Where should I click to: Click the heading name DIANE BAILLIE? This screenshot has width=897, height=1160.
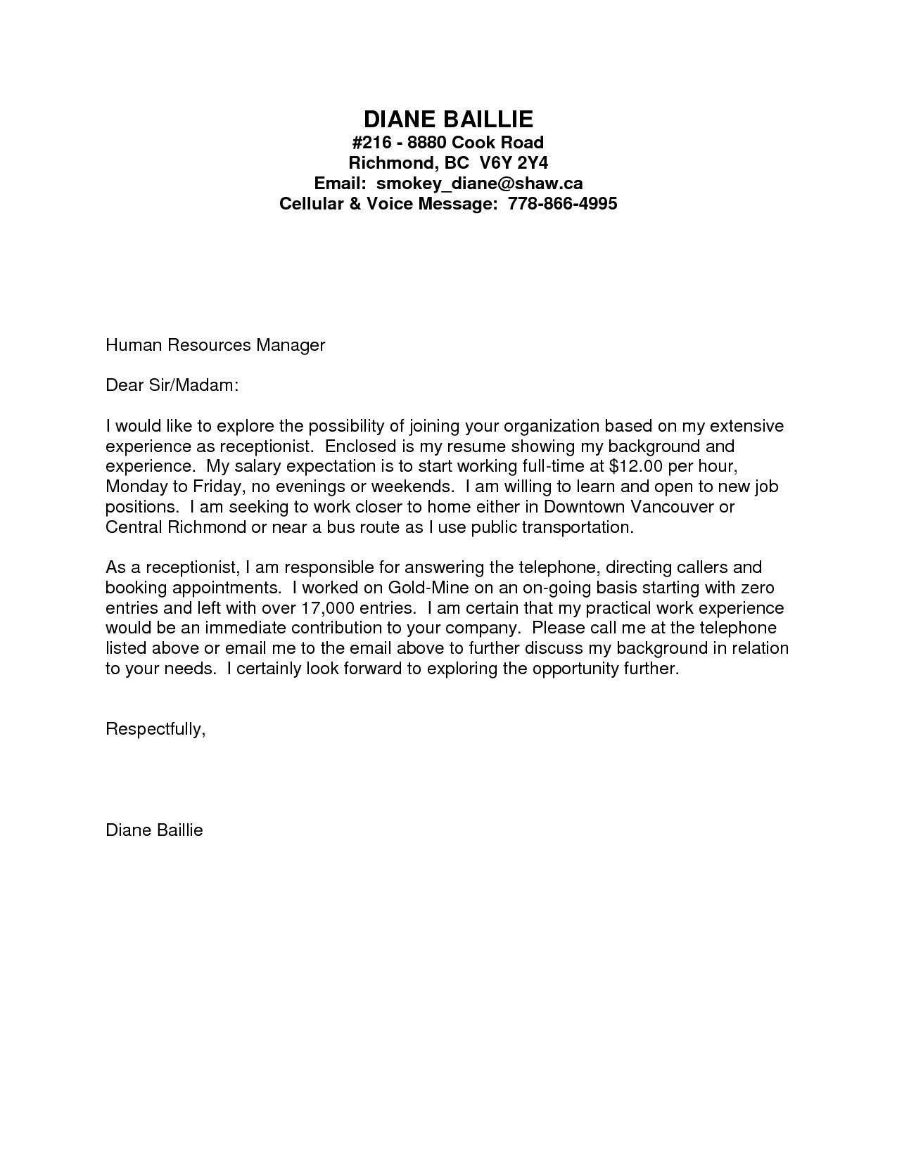(448, 118)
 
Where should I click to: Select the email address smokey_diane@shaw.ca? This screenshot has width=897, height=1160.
(479, 183)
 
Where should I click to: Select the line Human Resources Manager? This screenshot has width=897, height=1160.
(215, 345)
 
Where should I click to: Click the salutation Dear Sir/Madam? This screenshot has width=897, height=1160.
(172, 385)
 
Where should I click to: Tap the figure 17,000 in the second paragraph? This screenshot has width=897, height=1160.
(326, 607)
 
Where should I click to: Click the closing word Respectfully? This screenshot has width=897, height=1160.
(155, 729)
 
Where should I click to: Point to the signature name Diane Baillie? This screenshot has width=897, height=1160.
(154, 830)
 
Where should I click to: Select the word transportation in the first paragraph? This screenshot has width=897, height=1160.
(578, 527)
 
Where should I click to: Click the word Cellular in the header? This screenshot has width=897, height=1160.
(310, 204)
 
